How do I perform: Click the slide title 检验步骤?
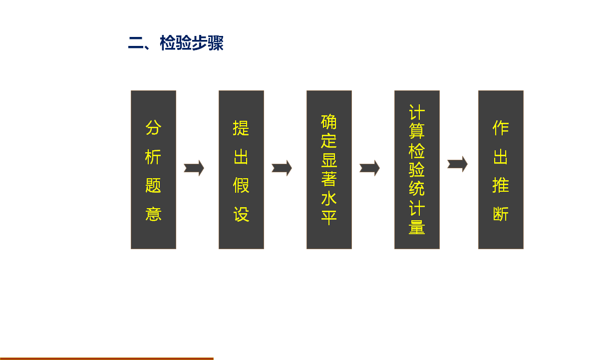pyautogui.click(x=192, y=43)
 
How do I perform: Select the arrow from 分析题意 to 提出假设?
pyautogui.click(x=194, y=168)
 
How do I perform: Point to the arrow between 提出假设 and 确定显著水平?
pyautogui.click(x=282, y=168)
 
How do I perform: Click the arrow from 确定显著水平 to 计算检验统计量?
pyautogui.click(x=369, y=168)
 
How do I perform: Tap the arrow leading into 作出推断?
pyautogui.click(x=457, y=164)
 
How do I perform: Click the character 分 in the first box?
pyautogui.click(x=153, y=128)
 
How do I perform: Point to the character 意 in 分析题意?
pyautogui.click(x=153, y=214)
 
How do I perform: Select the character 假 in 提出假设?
pyautogui.click(x=241, y=185)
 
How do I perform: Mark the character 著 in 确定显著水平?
pyautogui.click(x=329, y=179)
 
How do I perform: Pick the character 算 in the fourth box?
pyautogui.click(x=417, y=131)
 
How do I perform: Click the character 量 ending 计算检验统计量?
pyautogui.click(x=417, y=227)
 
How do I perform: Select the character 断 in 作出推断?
pyautogui.click(x=501, y=214)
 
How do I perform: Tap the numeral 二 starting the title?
pyautogui.click(x=136, y=43)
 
